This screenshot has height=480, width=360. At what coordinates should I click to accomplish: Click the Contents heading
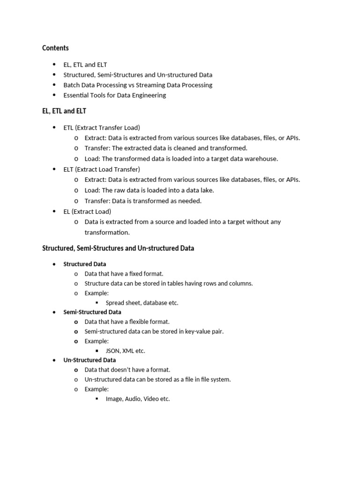pyautogui.click(x=55, y=48)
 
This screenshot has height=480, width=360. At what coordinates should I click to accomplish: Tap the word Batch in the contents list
pyautogui.click(x=72, y=85)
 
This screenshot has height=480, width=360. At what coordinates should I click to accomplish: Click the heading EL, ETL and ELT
pyautogui.click(x=64, y=111)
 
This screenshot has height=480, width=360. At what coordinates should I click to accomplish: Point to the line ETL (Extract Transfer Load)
pyautogui.click(x=102, y=127)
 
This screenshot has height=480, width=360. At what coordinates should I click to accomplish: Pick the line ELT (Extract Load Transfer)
pyautogui.click(x=102, y=169)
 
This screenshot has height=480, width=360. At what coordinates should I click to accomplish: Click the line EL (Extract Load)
pyautogui.click(x=87, y=211)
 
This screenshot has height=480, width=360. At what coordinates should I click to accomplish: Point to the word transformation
pyautogui.click(x=107, y=232)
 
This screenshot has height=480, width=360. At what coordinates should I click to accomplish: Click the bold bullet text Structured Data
pyautogui.click(x=85, y=264)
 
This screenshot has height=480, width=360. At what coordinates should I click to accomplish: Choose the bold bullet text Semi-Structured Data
pyautogui.click(x=92, y=312)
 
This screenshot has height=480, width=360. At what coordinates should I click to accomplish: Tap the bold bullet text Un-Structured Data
pyautogui.click(x=90, y=360)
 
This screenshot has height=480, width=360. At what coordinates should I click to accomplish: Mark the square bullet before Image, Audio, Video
pyautogui.click(x=97, y=398)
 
